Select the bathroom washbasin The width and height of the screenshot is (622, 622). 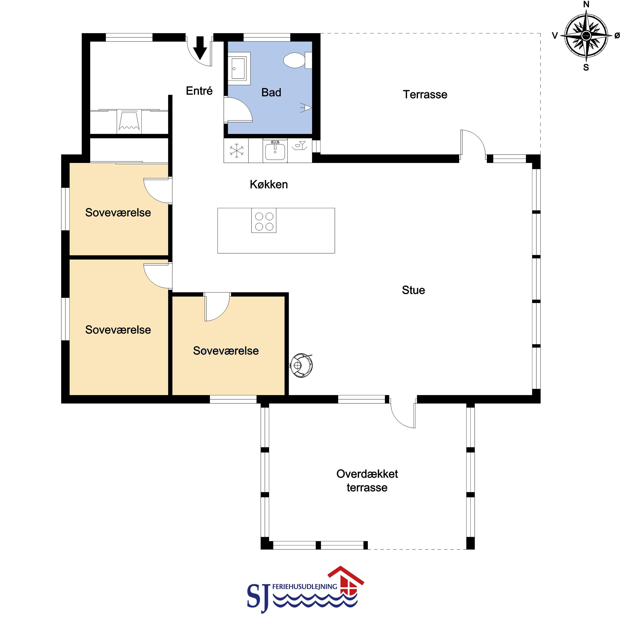click(x=239, y=69)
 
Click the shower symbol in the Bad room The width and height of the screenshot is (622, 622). click(x=306, y=107)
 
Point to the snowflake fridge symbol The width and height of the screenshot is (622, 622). click(x=236, y=150)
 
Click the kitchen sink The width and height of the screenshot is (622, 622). click(x=275, y=151)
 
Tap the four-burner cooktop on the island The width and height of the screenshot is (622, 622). click(x=264, y=221)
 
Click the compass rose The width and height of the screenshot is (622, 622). click(x=586, y=35)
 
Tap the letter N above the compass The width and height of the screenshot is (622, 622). click(x=586, y=4)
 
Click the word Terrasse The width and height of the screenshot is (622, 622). click(x=425, y=94)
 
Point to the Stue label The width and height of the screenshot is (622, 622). click(x=413, y=290)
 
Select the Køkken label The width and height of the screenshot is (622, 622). click(x=269, y=184)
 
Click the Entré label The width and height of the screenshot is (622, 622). click(x=199, y=91)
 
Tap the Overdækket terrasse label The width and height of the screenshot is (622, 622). click(x=367, y=481)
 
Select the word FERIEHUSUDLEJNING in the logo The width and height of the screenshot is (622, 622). click(x=304, y=587)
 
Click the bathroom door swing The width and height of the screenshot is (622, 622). click(x=238, y=110)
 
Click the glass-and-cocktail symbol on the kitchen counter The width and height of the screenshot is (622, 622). click(x=300, y=146)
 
